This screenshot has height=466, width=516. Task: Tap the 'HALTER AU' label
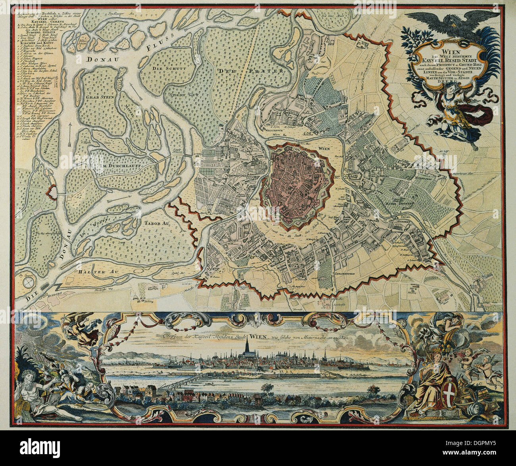click(x=92, y=272)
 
